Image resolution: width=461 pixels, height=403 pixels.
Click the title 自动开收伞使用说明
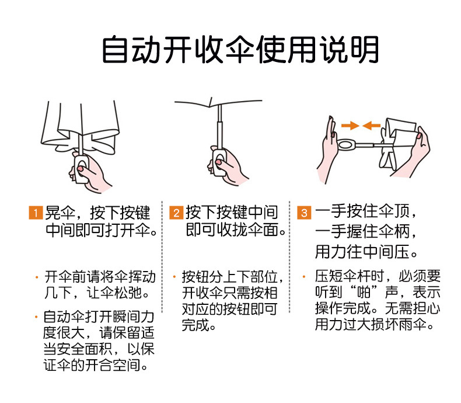[240, 50]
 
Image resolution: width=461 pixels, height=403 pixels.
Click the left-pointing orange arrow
[371, 125]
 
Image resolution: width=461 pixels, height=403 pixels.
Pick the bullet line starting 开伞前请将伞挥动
[100, 276]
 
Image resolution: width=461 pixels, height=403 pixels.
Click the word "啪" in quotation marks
[373, 292]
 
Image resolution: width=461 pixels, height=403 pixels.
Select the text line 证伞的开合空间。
[95, 366]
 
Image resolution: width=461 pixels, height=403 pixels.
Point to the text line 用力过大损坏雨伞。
[375, 325]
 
